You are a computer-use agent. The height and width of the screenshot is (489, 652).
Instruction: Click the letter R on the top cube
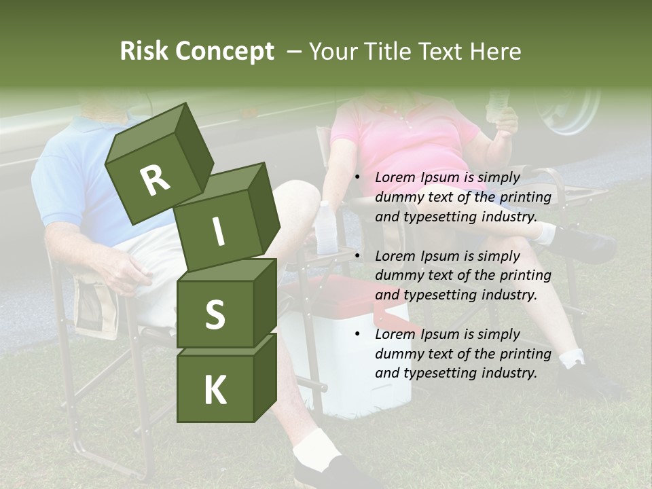pyautogui.click(x=155, y=181)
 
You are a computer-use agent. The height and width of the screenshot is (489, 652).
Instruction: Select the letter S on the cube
pyautogui.click(x=215, y=315)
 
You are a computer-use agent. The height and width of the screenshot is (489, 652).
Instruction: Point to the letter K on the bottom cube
pyautogui.click(x=215, y=391)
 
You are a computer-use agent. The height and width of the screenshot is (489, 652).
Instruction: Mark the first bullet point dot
pyautogui.click(x=357, y=178)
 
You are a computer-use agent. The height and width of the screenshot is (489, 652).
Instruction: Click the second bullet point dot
pyautogui.click(x=357, y=256)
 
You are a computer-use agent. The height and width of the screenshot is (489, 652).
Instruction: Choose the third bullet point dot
pyautogui.click(x=357, y=334)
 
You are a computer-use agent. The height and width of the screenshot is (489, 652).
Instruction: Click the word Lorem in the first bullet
pyautogui.click(x=394, y=178)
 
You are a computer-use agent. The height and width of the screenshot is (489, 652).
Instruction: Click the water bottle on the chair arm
pyautogui.click(x=327, y=228)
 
